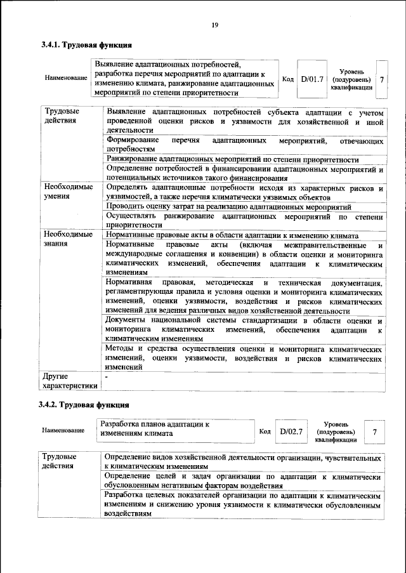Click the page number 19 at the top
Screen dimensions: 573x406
(x=214, y=25)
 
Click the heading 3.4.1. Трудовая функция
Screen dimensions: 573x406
(x=86, y=46)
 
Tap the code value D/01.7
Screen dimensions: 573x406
(x=312, y=79)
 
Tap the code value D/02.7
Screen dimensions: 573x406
(x=291, y=431)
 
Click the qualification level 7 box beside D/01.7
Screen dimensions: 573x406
(x=381, y=79)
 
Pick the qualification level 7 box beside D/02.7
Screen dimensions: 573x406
(x=375, y=431)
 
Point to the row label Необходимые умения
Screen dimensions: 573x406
(x=68, y=192)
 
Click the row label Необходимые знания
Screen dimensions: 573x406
(x=68, y=239)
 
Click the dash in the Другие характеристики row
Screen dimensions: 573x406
(x=107, y=377)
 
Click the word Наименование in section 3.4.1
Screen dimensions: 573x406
(x=65, y=78)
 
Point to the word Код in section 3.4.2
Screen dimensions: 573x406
(x=265, y=431)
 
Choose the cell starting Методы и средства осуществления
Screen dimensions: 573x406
(x=244, y=358)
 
